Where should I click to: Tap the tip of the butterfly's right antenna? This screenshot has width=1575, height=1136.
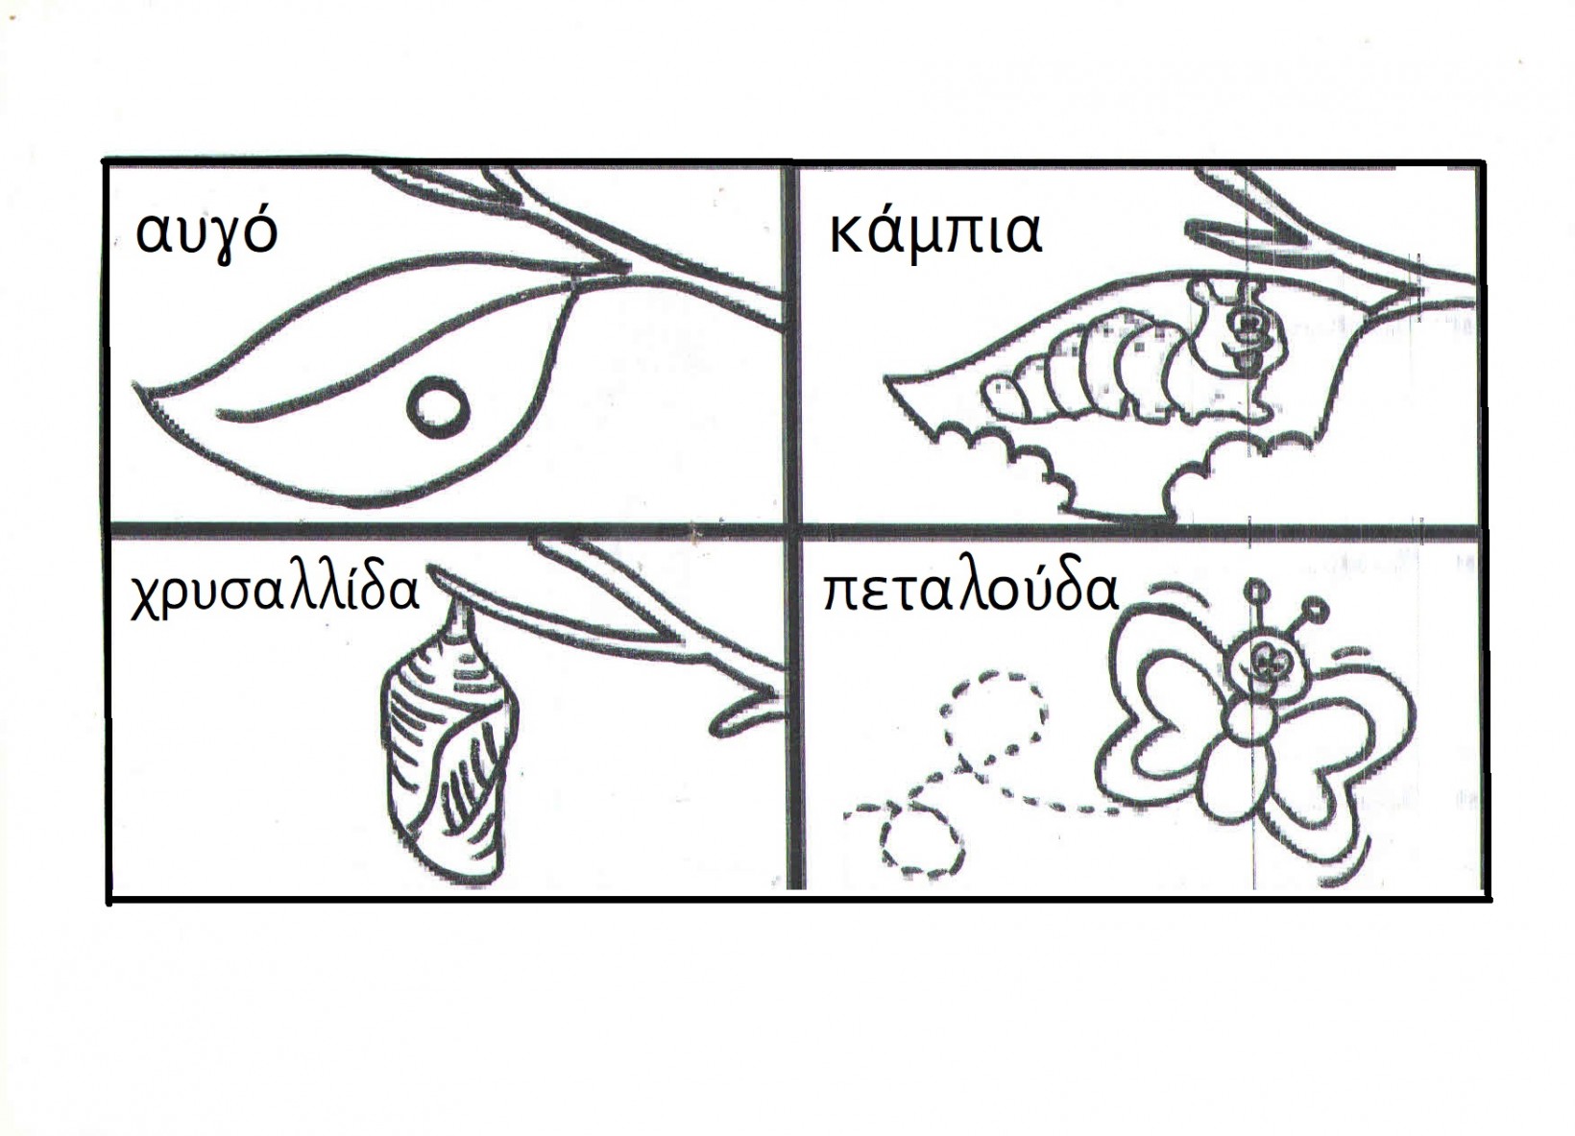pyautogui.click(x=1317, y=606)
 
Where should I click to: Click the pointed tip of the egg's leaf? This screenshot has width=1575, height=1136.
pyautogui.click(x=134, y=384)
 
